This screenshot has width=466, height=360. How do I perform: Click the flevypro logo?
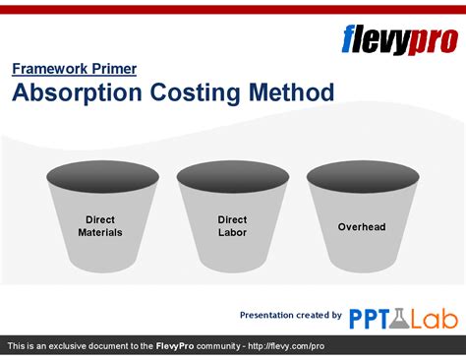(x=397, y=39)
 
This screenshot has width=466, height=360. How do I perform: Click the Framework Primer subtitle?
(x=74, y=69)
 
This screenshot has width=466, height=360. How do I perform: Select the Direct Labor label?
(x=232, y=226)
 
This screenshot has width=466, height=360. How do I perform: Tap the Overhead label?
(x=362, y=227)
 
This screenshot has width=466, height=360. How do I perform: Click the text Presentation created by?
(x=291, y=315)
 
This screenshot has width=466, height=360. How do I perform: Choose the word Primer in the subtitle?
(x=113, y=69)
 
